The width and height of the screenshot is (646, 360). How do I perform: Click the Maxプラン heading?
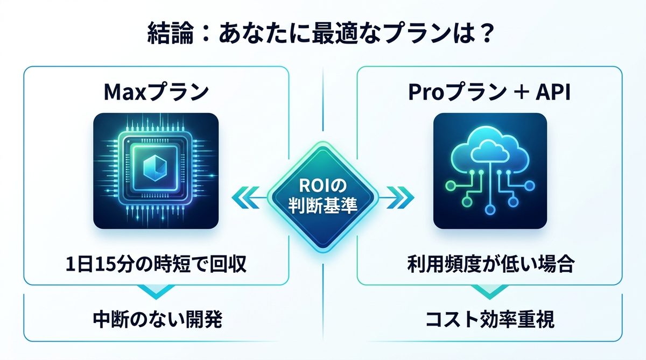point(156,93)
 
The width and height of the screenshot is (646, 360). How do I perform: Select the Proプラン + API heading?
point(489,93)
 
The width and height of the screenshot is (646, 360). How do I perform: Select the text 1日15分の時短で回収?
point(156,265)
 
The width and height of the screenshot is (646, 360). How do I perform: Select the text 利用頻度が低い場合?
point(489,265)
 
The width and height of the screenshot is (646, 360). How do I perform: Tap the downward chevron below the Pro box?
point(489,291)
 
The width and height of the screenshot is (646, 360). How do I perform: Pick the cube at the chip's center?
point(156,169)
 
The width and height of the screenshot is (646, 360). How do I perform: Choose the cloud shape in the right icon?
point(489,151)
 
